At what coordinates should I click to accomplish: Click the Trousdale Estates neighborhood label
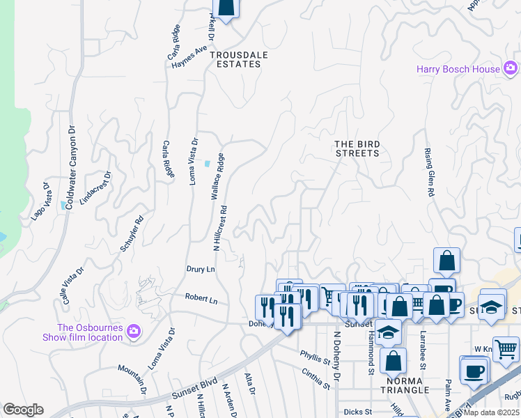click(x=235, y=59)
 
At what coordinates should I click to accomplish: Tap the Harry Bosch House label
click(x=458, y=69)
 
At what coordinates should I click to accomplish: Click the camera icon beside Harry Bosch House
click(x=511, y=68)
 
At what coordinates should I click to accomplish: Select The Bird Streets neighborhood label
click(x=357, y=148)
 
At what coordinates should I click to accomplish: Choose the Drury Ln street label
click(x=201, y=269)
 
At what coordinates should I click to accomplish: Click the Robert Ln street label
click(x=201, y=298)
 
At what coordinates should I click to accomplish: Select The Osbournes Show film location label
click(x=90, y=333)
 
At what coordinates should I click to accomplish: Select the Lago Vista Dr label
click(x=40, y=202)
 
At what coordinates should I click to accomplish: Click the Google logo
click(x=23, y=410)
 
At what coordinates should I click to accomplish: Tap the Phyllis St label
click(x=315, y=356)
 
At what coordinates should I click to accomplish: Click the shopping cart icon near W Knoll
click(x=506, y=348)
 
